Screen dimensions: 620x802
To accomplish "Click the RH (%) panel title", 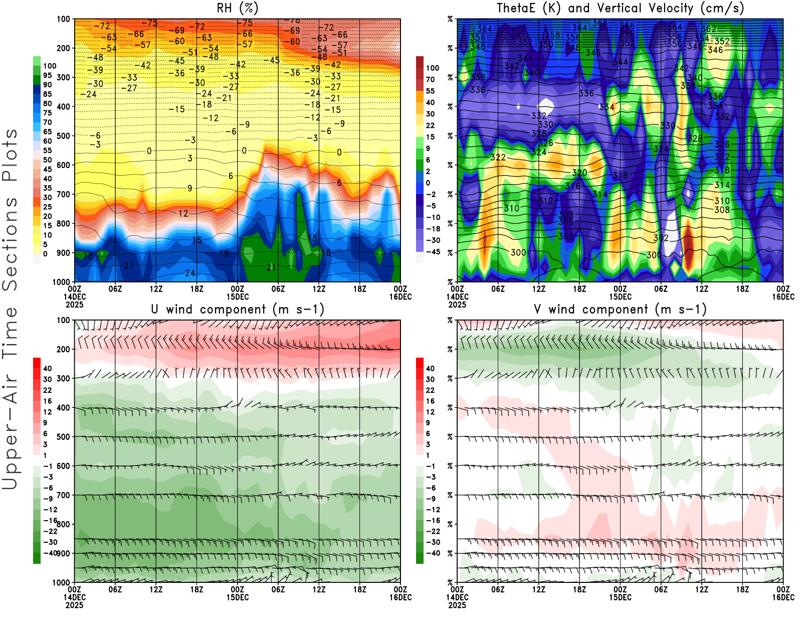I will click(238, 8).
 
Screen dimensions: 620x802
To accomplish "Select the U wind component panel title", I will click(238, 309).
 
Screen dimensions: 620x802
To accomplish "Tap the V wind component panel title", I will click(620, 309).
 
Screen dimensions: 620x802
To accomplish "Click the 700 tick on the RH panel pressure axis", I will click(63, 194).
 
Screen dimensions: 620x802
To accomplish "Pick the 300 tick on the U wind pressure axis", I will click(63, 378).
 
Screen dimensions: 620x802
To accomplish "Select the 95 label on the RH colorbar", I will click(48, 75).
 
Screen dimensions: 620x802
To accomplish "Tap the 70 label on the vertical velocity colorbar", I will click(430, 79).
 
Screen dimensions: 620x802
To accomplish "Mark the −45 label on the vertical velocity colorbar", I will click(433, 252).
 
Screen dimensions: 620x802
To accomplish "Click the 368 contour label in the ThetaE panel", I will click(599, 23).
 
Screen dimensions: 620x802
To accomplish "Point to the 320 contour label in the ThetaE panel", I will click(579, 173).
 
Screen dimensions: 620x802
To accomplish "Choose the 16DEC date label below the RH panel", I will click(400, 296).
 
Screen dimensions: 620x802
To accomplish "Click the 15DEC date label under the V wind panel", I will click(620, 597).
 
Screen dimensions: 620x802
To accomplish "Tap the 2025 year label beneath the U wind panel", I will click(74, 605).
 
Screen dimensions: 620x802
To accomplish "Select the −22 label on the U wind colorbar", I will click(50, 531).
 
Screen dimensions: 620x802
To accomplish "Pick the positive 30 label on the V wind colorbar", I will click(430, 379).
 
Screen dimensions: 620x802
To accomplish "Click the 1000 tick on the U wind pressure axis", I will click(61, 582).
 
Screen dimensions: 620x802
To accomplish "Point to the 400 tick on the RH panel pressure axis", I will click(63, 106).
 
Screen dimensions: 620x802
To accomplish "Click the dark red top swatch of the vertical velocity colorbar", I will click(420, 62).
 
